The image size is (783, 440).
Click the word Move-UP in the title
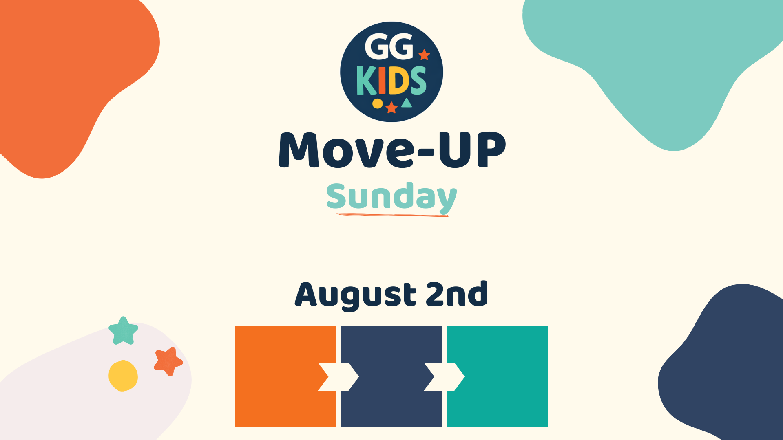tap(392, 150)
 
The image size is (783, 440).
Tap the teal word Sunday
tap(391, 198)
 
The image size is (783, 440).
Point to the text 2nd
tap(457, 293)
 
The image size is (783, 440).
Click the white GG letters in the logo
tap(389, 46)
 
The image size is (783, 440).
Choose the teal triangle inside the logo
tap(407, 103)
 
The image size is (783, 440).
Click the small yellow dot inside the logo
tap(378, 103)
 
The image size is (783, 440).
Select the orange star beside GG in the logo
tap(425, 55)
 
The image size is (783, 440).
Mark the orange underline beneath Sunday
tap(393, 215)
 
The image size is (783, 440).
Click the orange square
tap(285, 376)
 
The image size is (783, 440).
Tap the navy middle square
tap(391, 376)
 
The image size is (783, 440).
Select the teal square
tap(497, 376)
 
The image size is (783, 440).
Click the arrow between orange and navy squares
tap(338, 376)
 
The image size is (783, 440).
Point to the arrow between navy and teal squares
tap(445, 376)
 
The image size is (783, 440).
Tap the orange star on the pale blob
tap(168, 361)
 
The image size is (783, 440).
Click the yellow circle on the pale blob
tap(123, 376)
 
